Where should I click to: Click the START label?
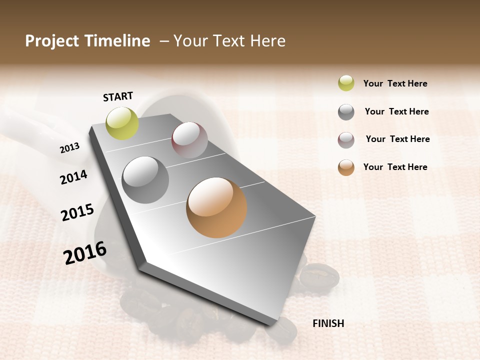point(118,96)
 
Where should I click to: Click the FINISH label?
point(328,323)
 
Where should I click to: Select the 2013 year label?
point(70,148)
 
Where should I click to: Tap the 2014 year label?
point(73,177)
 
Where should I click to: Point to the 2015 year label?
point(77,212)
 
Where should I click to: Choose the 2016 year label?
point(85,252)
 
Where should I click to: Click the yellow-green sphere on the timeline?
point(122,123)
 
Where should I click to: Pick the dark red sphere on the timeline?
point(189,140)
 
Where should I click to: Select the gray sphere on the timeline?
point(145,180)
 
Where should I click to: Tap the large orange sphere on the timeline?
point(216,207)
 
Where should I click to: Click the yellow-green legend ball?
point(346,83)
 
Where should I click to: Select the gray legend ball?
point(346,112)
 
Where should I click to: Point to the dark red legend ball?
point(346,140)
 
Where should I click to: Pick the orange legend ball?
point(346,167)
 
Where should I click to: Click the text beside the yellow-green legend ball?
point(395,83)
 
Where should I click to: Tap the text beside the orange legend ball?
point(395,167)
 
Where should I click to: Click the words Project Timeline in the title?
point(87,41)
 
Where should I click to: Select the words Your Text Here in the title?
point(229,41)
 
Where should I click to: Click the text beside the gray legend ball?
point(396,111)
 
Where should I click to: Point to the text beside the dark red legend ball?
point(397,139)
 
